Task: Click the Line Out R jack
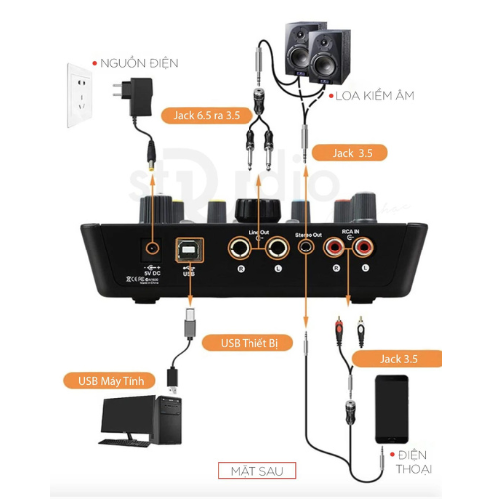click(243, 246)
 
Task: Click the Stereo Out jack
click(303, 246)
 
